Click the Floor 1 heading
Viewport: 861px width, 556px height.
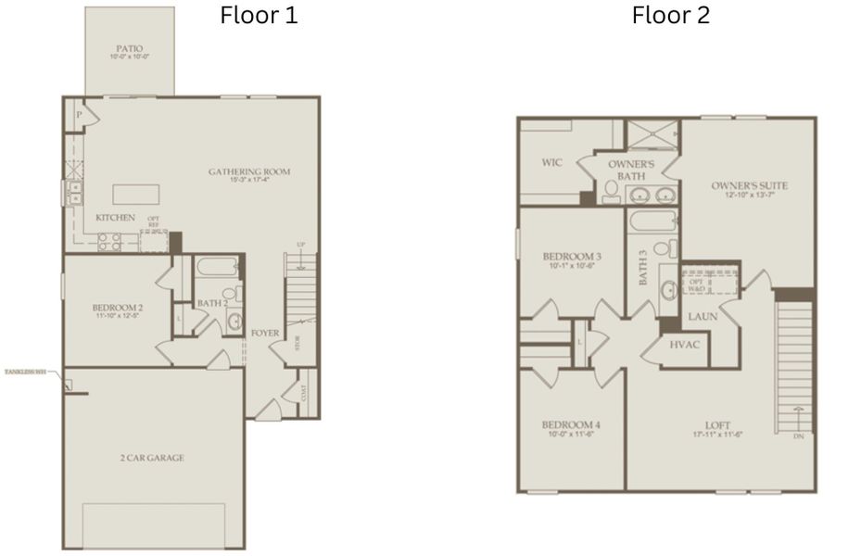[259, 16]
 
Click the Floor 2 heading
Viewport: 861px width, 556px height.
[671, 16]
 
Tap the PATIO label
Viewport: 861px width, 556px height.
[129, 48]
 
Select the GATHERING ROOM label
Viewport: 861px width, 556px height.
[249, 172]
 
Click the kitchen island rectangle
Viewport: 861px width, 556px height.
[135, 194]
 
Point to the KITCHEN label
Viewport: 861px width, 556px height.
[115, 217]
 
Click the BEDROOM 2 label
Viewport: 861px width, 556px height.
[117, 309]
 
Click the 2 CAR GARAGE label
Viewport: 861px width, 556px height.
[151, 458]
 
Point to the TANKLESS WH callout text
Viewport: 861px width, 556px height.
[25, 372]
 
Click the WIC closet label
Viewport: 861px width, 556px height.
[551, 163]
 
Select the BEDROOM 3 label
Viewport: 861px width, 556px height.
[572, 257]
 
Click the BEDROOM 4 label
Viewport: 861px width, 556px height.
[571, 425]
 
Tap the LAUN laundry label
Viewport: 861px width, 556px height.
[700, 317]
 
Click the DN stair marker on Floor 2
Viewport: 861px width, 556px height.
[798, 435]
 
